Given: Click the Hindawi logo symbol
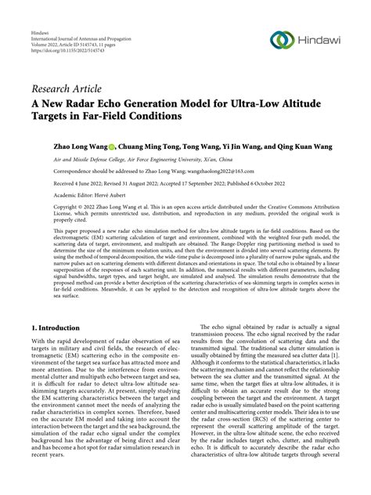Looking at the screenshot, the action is (279, 40).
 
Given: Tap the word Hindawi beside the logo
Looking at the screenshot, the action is (319, 41).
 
